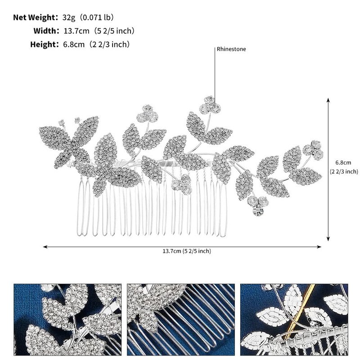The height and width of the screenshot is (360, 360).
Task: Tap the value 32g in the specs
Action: coord(69,18)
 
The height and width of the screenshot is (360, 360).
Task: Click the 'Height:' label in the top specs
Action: coord(45,44)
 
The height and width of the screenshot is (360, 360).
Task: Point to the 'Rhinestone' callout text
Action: coord(231,49)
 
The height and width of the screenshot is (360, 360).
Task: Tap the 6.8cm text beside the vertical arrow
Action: coord(343,162)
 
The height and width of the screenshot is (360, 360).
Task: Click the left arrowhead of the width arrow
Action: coord(45,247)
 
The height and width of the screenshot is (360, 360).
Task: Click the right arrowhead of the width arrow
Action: coord(319,247)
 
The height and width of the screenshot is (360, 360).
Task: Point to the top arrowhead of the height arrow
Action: coord(328,100)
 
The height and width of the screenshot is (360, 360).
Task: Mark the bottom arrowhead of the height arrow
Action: coord(328,239)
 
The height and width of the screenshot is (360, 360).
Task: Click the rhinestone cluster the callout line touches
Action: coord(210,105)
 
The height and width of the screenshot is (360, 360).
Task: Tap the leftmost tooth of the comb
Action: coord(80,208)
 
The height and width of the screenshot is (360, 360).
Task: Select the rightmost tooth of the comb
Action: coord(223,208)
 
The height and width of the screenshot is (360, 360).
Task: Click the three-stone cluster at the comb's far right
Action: coord(313,150)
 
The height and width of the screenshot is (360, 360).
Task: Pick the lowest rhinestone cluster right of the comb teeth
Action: coord(258,206)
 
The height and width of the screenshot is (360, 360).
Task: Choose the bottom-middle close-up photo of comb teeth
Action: coord(181,319)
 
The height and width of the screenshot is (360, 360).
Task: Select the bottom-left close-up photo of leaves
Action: coord(67,319)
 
